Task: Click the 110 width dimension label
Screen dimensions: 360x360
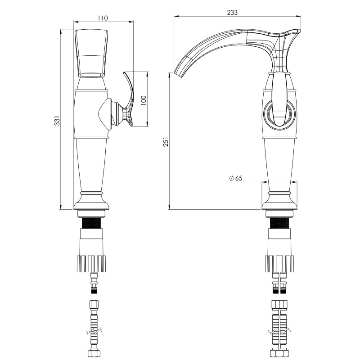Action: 103,18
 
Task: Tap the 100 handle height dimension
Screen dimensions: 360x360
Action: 143,100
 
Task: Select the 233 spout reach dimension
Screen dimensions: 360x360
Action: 232,13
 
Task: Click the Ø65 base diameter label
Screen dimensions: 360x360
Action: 236,178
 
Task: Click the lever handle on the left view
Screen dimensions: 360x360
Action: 129,99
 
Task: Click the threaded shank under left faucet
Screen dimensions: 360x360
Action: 91,223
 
